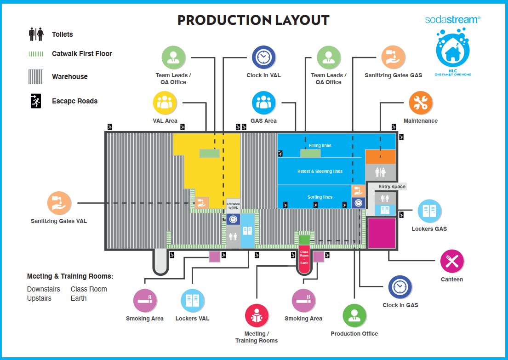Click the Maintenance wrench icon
click(x=421, y=103)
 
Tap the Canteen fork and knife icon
click(x=452, y=261)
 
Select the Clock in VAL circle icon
click(x=263, y=57)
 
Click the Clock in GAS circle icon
click(x=400, y=287)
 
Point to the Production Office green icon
click(x=354, y=315)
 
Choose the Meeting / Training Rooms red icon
click(x=257, y=316)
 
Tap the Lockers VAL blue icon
click(x=193, y=301)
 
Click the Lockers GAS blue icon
click(x=429, y=211)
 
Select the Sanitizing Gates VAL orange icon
click(x=59, y=203)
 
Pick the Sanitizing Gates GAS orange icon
click(x=393, y=57)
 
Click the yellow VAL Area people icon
click(x=165, y=103)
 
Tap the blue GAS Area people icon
click(x=263, y=103)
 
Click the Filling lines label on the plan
click(x=320, y=146)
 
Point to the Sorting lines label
click(x=320, y=197)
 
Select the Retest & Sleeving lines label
click(x=320, y=171)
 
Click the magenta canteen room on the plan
click(x=382, y=233)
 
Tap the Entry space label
click(x=392, y=187)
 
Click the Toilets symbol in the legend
click(x=36, y=34)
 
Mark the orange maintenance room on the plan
click(x=380, y=157)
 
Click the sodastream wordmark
click(x=452, y=20)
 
